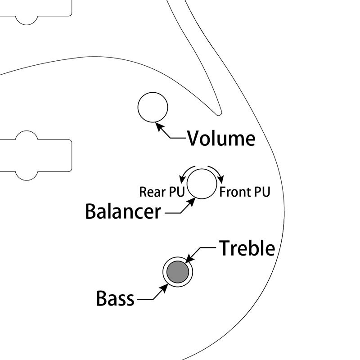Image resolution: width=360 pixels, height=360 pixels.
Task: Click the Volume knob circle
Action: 152,107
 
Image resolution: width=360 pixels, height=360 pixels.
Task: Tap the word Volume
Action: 221,138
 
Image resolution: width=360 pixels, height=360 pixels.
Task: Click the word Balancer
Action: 123,211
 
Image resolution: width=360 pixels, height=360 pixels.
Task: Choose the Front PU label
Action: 244,192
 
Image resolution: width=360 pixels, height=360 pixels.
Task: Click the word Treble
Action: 247,248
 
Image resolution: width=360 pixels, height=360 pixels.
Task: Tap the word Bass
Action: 115,298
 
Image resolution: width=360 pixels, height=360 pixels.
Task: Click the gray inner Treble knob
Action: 177,271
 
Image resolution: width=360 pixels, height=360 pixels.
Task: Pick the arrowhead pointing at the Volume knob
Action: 159,126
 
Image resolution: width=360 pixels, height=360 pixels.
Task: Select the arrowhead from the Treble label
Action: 189,258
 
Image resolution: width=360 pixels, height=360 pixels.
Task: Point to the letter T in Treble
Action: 225,248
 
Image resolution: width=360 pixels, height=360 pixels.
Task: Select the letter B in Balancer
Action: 91,211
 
